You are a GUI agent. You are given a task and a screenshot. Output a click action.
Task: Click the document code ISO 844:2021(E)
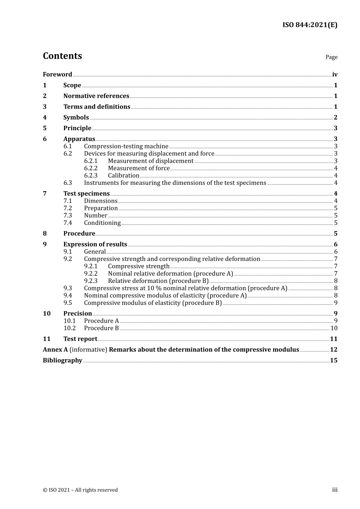(310, 25)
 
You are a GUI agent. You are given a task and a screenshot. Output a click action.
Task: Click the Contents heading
(62, 56)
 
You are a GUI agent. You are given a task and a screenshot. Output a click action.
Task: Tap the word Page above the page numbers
(331, 57)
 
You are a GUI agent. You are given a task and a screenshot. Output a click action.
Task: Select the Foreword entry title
(57, 75)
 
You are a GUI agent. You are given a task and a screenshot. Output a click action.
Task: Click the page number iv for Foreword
(335, 75)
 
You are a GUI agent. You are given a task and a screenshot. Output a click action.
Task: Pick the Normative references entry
(96, 96)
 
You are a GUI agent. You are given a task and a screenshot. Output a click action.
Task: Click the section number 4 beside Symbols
(45, 117)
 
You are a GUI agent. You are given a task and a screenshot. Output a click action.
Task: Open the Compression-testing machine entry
(126, 146)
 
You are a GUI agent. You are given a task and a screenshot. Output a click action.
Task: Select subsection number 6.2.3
(91, 175)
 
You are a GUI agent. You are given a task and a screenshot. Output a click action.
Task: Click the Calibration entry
(124, 175)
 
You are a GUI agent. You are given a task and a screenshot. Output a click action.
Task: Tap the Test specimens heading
(86, 194)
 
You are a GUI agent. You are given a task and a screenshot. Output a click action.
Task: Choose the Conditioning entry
(102, 223)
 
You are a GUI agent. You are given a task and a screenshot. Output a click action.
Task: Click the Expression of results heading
(95, 244)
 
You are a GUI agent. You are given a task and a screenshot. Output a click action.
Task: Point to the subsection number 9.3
(67, 288)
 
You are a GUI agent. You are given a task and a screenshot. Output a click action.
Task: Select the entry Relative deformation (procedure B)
(158, 281)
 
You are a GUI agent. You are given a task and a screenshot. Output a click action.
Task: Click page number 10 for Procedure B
(334, 328)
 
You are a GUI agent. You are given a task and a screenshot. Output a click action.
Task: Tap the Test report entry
(80, 339)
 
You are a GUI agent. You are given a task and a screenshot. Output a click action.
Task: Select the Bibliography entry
(63, 361)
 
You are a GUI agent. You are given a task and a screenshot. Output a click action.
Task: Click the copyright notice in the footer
(80, 490)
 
